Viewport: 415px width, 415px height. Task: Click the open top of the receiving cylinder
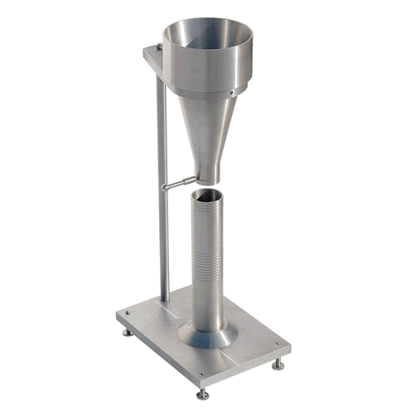(x=207, y=196)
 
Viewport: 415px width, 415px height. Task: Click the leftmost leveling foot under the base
(x=126, y=331)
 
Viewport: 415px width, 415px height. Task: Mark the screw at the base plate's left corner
(x=128, y=312)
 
